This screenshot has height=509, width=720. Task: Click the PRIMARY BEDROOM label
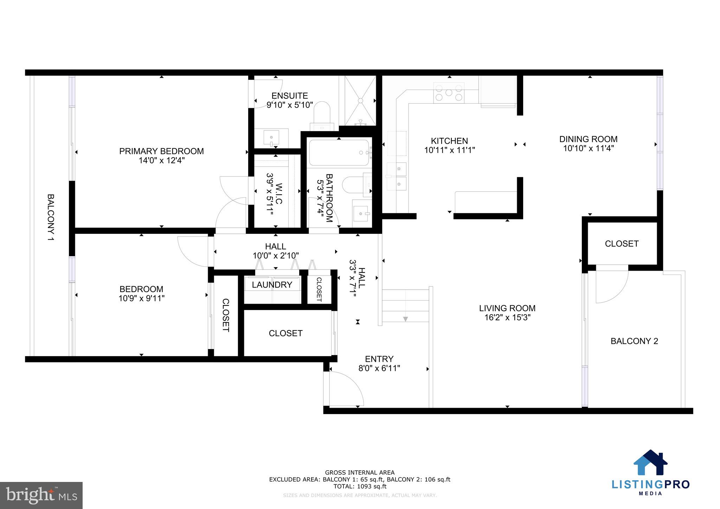tap(161, 151)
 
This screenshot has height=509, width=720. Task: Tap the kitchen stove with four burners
tap(449, 93)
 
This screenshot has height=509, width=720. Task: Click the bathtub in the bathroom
tap(339, 153)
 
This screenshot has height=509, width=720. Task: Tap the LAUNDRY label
tap(272, 285)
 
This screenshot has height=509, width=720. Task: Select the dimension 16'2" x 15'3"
tap(507, 317)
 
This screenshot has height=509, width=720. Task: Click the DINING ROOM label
tap(588, 139)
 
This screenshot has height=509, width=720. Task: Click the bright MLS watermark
tap(41, 495)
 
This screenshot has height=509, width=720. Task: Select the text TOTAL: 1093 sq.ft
tap(360, 487)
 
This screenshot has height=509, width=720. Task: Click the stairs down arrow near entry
tap(405, 319)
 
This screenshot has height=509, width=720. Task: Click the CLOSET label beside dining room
tap(621, 244)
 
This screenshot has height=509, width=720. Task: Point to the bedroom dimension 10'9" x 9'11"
tap(141, 298)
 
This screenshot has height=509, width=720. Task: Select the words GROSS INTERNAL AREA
tap(360, 472)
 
